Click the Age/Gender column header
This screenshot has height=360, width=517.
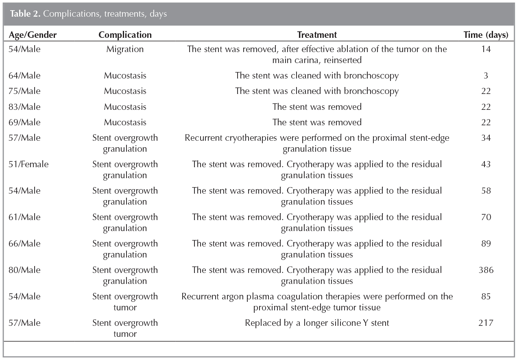click(33, 35)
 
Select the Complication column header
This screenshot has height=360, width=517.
click(125, 35)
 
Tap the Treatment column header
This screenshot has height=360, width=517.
click(317, 35)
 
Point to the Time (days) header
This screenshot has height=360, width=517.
click(486, 35)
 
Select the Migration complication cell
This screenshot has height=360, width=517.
click(125, 49)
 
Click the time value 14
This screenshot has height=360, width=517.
click(486, 49)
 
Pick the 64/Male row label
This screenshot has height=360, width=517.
click(24, 76)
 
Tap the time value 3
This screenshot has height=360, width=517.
click(486, 76)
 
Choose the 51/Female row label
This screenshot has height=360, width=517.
click(28, 164)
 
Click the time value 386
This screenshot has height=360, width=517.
click(486, 270)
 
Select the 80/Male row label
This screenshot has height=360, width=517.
click(24, 270)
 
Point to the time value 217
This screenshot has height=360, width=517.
click(486, 323)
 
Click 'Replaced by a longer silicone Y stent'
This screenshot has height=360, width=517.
click(317, 323)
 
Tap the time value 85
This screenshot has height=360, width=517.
click(486, 297)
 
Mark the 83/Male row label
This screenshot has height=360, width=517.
click(24, 107)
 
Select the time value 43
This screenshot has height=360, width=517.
click(486, 164)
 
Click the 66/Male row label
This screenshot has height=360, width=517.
click(24, 244)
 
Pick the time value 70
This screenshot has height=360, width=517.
click(486, 217)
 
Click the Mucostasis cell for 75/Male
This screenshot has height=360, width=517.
click(125, 91)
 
